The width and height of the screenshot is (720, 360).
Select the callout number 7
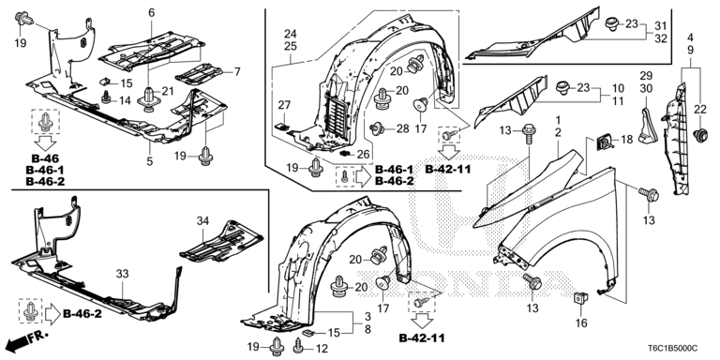pyautogui.click(x=236, y=71)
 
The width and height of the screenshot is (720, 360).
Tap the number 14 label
pyautogui.click(x=125, y=99)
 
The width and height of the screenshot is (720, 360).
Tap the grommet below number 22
pyautogui.click(x=697, y=138)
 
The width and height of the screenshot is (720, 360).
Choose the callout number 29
pyautogui.click(x=645, y=75)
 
